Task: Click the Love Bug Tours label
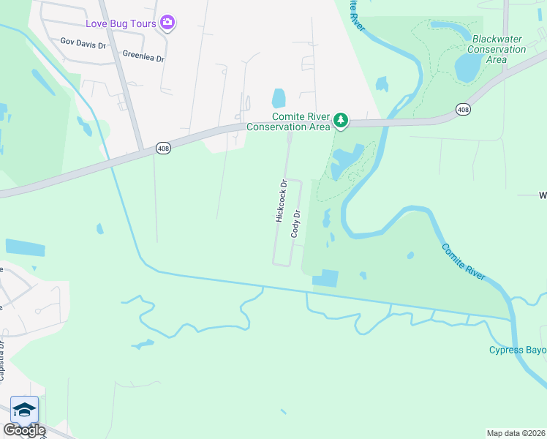click(127, 23)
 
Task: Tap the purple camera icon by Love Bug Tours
click(168, 23)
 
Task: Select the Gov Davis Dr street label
click(83, 44)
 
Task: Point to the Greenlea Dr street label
click(143, 54)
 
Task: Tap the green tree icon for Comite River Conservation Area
click(340, 119)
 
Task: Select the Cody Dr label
click(296, 223)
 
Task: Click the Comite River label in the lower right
click(463, 261)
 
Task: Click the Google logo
click(23, 430)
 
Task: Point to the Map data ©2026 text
click(516, 433)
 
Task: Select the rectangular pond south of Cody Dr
click(325, 278)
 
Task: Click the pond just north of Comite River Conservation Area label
click(279, 97)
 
